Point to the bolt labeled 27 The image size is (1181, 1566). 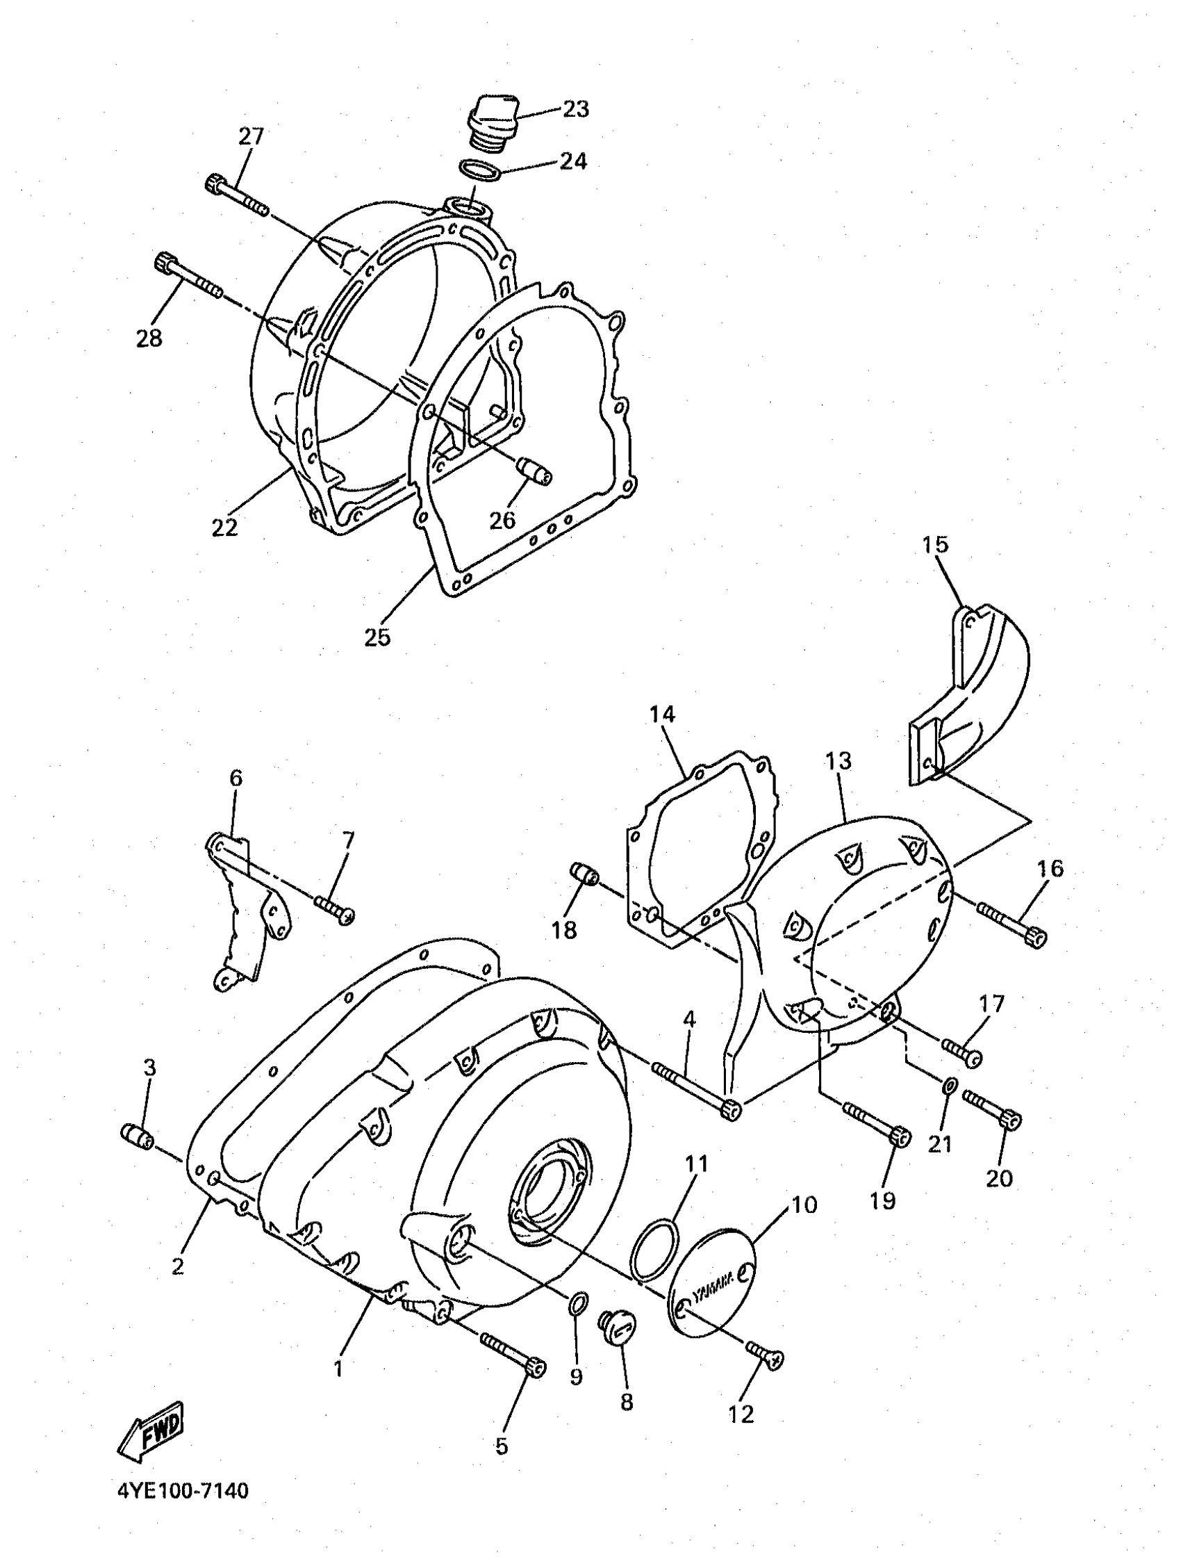click(x=236, y=193)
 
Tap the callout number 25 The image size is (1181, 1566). click(x=377, y=637)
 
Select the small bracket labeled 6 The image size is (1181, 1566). click(x=248, y=913)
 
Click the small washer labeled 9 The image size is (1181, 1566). click(x=577, y=1301)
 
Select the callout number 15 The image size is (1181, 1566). click(x=935, y=545)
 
